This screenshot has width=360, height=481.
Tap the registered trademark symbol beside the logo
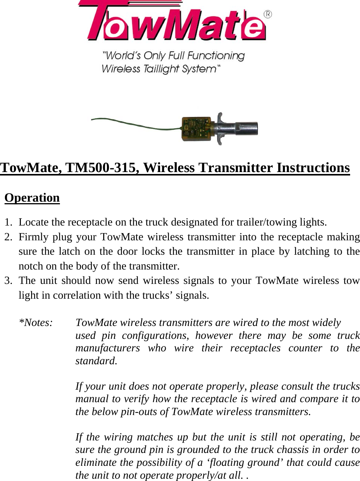pyautogui.click(x=267, y=14)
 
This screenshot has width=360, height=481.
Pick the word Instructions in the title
pyautogui.click(x=313, y=168)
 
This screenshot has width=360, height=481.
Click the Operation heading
pyautogui.click(x=32, y=198)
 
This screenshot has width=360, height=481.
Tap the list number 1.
pyautogui.click(x=8, y=222)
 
